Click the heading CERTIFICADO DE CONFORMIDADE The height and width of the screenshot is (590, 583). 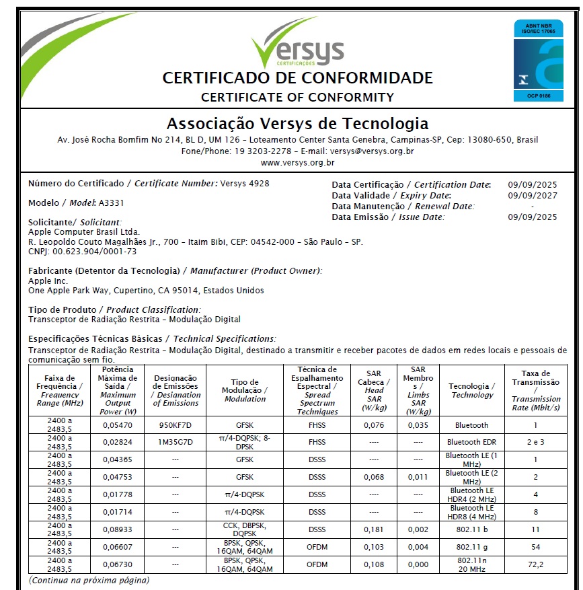[x=297, y=78]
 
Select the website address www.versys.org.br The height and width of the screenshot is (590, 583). [x=297, y=162]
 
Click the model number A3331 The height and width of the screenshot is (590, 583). [x=111, y=202]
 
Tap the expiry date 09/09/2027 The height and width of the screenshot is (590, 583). [x=533, y=195]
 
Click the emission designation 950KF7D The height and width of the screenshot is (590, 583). [x=175, y=425]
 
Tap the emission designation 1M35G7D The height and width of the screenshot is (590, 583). [x=175, y=442]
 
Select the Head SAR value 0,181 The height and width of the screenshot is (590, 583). [x=374, y=529]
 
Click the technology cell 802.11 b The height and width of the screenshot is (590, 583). [x=472, y=529]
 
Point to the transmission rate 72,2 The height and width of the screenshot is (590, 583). [x=535, y=564]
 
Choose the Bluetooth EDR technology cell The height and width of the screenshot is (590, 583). [x=472, y=442]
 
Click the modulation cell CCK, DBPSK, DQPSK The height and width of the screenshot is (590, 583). [x=245, y=529]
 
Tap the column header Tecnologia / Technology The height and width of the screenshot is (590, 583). [x=472, y=390]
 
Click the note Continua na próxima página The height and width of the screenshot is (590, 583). [x=89, y=580]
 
